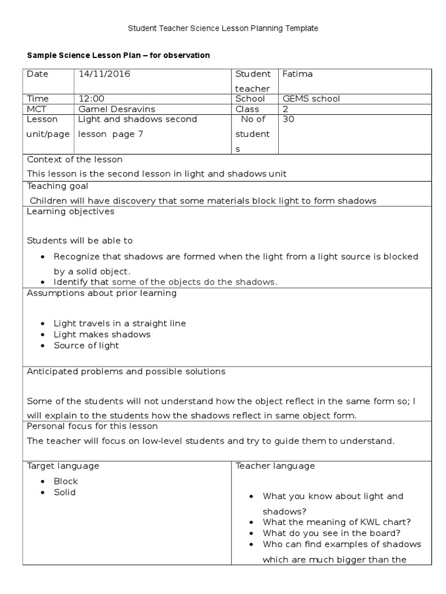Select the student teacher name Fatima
point(297,74)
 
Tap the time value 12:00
point(91,99)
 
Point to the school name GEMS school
point(311,99)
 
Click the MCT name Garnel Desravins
point(117,109)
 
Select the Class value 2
point(285,109)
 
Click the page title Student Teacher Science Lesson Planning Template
point(223,28)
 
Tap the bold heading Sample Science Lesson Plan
point(118,55)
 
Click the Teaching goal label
point(57,186)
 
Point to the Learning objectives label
point(71,211)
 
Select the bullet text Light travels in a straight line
point(120,323)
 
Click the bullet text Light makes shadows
point(102,334)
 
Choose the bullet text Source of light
point(87,345)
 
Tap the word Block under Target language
point(66,481)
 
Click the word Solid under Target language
point(64,492)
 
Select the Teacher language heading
point(275,466)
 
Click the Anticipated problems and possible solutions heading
point(126,371)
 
